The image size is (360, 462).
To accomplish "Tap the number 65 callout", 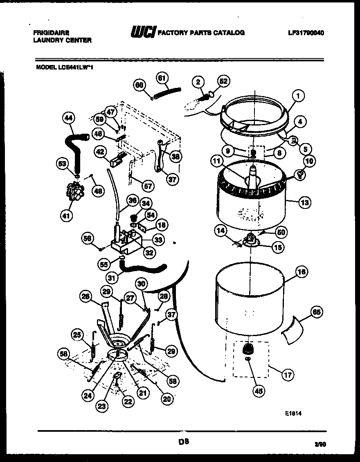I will (316, 312).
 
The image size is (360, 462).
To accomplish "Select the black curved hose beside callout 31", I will (143, 269).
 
